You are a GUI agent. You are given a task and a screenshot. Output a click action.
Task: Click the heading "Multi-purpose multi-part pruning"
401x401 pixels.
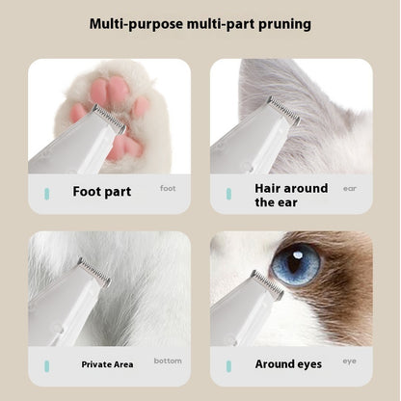200,22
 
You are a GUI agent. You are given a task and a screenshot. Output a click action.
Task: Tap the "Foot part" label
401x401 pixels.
101,192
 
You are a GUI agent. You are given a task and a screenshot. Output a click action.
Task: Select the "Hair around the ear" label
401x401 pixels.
291,195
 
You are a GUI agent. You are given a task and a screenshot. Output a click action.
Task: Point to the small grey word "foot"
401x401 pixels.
168,189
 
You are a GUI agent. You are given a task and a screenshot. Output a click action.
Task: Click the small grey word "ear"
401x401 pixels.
349,189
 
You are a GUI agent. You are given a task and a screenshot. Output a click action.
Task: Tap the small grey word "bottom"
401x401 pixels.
167,361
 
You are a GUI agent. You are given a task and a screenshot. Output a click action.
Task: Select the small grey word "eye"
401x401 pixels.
349,361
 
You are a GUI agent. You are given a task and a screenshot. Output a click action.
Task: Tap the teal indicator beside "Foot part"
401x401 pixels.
45,193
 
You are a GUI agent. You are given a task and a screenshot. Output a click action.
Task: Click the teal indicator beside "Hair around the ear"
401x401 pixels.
228,194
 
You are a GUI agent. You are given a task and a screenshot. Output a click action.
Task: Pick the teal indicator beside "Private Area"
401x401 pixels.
45,365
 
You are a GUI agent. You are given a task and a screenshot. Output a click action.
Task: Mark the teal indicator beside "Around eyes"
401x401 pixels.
228,365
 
